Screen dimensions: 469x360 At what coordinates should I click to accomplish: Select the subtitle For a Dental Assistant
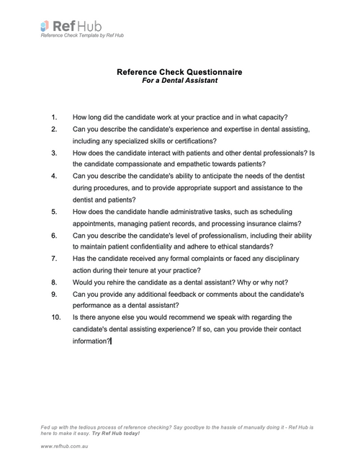point(179,81)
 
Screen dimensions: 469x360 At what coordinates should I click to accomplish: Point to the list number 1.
point(53,117)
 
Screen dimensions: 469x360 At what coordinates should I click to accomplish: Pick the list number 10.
point(55,317)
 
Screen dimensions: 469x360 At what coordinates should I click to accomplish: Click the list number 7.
point(53,258)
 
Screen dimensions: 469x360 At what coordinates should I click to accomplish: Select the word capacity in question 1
point(270,117)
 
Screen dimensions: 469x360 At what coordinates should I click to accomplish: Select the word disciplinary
point(277,258)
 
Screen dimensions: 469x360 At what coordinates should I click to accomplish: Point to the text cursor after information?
point(111,341)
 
